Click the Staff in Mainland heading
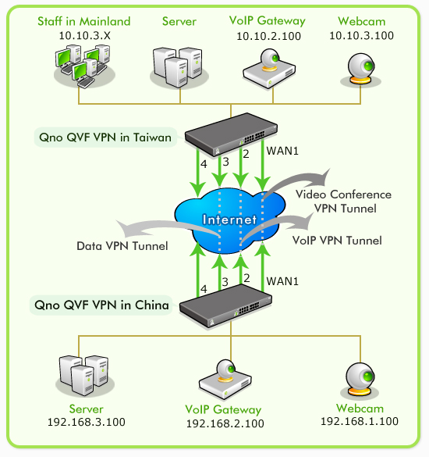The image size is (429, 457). (x=83, y=21)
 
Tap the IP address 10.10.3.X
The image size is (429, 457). (x=85, y=36)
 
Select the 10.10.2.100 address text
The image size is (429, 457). (x=268, y=36)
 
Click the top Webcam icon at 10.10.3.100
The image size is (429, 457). (x=361, y=70)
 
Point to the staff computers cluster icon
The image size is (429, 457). (x=84, y=66)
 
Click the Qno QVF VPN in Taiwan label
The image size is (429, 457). (x=105, y=137)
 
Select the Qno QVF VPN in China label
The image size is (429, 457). (x=101, y=305)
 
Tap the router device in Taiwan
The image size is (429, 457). (x=231, y=134)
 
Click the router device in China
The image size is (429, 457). (x=225, y=305)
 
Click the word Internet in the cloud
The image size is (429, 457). (x=229, y=220)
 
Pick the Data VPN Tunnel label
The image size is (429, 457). (x=122, y=246)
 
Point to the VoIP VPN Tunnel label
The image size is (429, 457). (x=337, y=241)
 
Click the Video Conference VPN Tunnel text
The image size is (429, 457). (x=344, y=202)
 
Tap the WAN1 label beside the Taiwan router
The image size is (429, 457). (x=282, y=151)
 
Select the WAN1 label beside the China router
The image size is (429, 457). (x=282, y=281)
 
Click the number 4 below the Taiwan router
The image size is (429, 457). (x=204, y=164)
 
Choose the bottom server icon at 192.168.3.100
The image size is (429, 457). (x=85, y=376)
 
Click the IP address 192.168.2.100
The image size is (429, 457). (x=225, y=423)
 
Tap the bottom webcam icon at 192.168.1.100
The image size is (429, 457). (x=360, y=381)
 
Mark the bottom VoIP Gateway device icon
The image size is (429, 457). (x=225, y=380)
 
